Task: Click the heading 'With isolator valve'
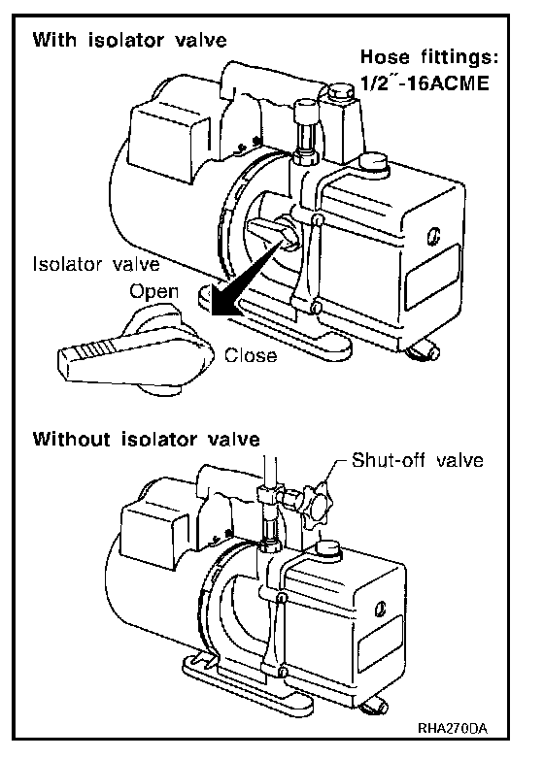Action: click(x=129, y=39)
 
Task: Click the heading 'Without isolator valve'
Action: click(x=147, y=439)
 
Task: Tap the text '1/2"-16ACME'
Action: click(x=425, y=83)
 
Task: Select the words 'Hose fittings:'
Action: click(x=429, y=57)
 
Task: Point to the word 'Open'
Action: click(x=154, y=292)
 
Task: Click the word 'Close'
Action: click(x=251, y=355)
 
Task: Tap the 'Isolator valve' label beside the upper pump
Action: click(x=96, y=264)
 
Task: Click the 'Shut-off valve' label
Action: click(x=418, y=460)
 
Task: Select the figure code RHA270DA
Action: click(x=452, y=729)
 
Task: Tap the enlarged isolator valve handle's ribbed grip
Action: click(x=94, y=351)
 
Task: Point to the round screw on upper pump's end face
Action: click(x=434, y=237)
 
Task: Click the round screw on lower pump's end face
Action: click(x=381, y=608)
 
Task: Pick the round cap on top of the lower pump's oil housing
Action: click(x=329, y=548)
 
